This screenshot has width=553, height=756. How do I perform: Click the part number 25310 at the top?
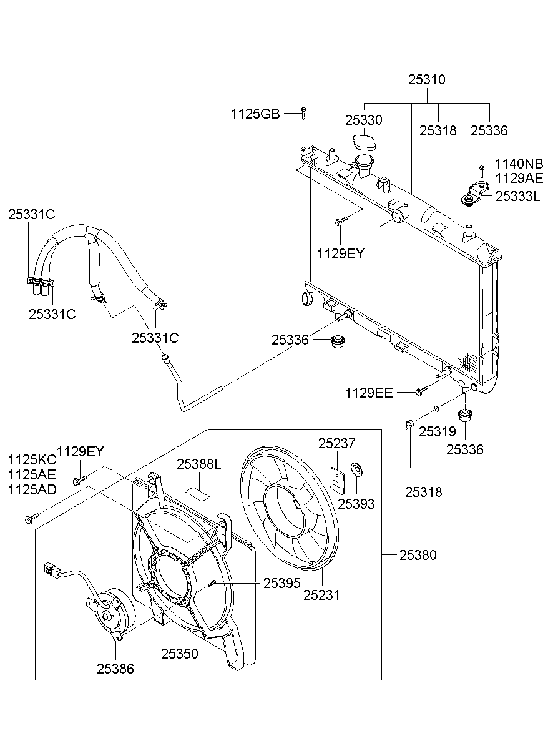coord(427,80)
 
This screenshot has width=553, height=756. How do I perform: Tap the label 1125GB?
coord(255,114)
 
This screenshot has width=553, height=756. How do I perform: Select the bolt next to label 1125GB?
coord(303,113)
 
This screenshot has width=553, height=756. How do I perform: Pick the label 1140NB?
coord(519,164)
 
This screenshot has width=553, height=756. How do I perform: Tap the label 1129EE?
coord(369,393)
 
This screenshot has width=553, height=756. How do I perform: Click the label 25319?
coord(438,431)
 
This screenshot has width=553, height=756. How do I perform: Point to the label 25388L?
coord(198,464)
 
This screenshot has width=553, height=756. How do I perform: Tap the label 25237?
coord(336,444)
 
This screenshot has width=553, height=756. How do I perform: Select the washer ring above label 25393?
coord(356,469)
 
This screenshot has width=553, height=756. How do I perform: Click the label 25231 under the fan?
coord(321,595)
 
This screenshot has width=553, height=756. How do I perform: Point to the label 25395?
coord(281,582)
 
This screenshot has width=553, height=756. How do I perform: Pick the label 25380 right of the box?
coord(418,555)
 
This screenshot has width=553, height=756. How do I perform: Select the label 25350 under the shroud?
coord(180,654)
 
